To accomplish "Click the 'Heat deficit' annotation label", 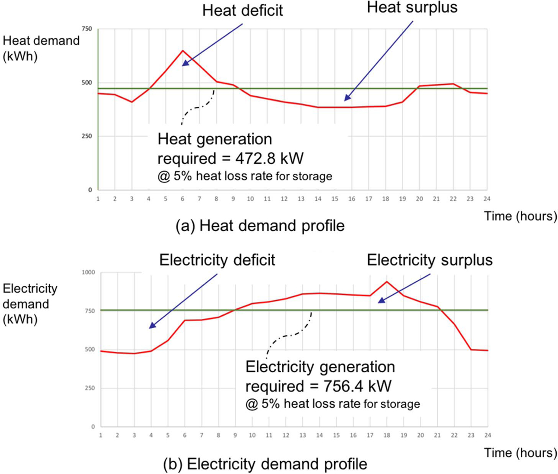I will tap(242, 10).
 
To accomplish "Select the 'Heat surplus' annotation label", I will tap(412, 7).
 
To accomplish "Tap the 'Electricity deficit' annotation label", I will tap(217, 260).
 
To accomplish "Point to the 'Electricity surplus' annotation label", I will tap(430, 260).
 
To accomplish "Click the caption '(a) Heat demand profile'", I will tap(260, 225).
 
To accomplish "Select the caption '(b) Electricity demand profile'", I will tap(265, 464).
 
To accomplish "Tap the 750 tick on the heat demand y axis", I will tap(87, 29).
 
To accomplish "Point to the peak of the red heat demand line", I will tap(183, 51).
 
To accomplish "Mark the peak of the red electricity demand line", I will tap(387, 282).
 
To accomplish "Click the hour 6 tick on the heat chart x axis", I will tap(182, 199).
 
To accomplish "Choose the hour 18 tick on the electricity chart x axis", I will tap(387, 435).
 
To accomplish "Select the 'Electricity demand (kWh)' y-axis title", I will tap(30, 304).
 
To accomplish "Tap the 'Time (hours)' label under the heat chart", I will tap(520, 216).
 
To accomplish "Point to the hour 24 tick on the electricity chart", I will tap(488, 435).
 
